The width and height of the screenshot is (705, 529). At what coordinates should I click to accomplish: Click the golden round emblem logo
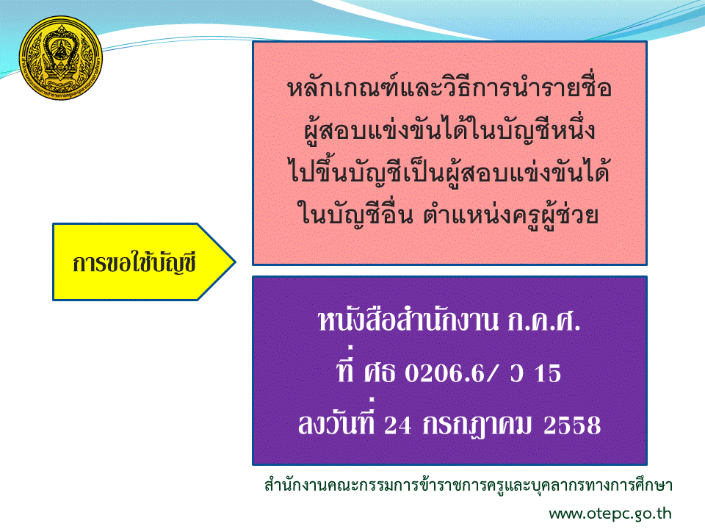pos(61,58)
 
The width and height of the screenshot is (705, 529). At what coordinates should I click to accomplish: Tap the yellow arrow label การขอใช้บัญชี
pos(144,262)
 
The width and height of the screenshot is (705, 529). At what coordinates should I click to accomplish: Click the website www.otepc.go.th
pos(610,514)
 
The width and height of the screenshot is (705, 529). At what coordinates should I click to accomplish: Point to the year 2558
pos(572,425)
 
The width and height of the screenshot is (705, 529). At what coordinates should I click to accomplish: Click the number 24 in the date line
pos(398,425)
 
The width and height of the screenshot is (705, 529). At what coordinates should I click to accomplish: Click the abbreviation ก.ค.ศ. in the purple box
pos(543,321)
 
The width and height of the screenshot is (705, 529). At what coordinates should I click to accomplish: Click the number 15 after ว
pos(548,373)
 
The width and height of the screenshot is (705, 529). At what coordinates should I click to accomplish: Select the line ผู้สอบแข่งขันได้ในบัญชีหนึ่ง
pos(449,129)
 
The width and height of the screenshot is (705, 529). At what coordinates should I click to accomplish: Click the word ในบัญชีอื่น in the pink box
pos(355,213)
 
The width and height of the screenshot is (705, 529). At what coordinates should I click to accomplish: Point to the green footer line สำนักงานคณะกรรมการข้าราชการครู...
pos(468,486)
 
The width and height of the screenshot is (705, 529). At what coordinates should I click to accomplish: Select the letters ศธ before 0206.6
pos(380,373)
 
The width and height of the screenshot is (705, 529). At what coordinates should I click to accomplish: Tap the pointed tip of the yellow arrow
pos(236,262)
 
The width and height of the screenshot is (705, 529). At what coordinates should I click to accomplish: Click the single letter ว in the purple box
pos(517,373)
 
